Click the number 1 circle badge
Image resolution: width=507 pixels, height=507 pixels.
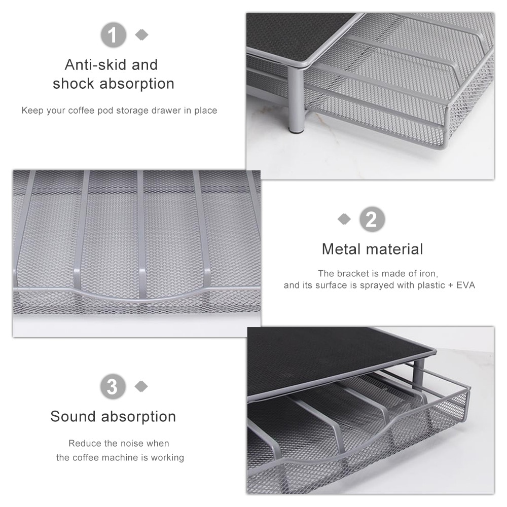tap(113, 35)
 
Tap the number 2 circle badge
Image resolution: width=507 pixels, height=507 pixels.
tap(372, 219)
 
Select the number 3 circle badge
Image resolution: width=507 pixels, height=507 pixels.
tap(113, 386)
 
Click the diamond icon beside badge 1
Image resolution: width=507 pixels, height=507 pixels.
tap(141, 34)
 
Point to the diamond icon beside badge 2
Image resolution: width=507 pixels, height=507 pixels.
tap(344, 219)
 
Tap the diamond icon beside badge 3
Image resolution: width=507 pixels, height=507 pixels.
tap(141, 386)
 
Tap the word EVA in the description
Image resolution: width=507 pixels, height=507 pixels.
tap(465, 285)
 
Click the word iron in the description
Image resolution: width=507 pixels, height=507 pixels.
tap(429, 274)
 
